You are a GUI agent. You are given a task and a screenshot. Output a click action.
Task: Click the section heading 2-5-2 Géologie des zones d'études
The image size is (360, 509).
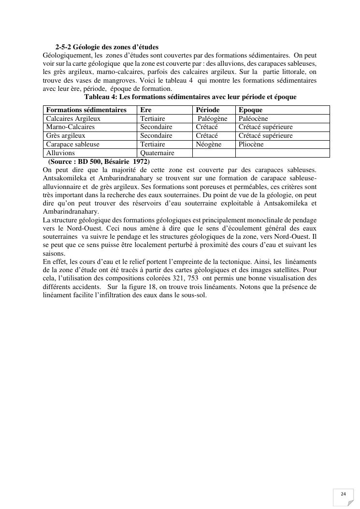pos(107,47)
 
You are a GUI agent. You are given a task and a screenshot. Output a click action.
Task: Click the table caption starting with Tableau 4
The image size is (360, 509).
pos(190,97)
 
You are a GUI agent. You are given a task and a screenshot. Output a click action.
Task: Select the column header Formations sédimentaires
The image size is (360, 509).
pos(86,110)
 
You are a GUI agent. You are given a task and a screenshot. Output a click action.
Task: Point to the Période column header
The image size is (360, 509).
pos(208,110)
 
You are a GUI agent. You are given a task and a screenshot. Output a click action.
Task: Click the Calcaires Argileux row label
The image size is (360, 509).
pos(73,118)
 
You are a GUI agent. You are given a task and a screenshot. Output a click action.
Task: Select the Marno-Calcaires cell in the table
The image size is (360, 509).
pos(71,127)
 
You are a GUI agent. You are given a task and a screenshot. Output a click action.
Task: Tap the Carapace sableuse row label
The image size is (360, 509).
pos(72,145)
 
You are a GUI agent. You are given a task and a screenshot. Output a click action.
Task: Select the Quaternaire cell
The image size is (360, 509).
pos(158,153)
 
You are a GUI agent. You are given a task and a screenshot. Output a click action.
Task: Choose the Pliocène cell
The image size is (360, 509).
pos(251,145)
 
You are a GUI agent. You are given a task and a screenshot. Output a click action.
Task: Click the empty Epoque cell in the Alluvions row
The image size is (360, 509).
pos(282,153)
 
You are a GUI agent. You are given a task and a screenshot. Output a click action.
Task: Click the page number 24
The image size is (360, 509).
pos(343,494)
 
